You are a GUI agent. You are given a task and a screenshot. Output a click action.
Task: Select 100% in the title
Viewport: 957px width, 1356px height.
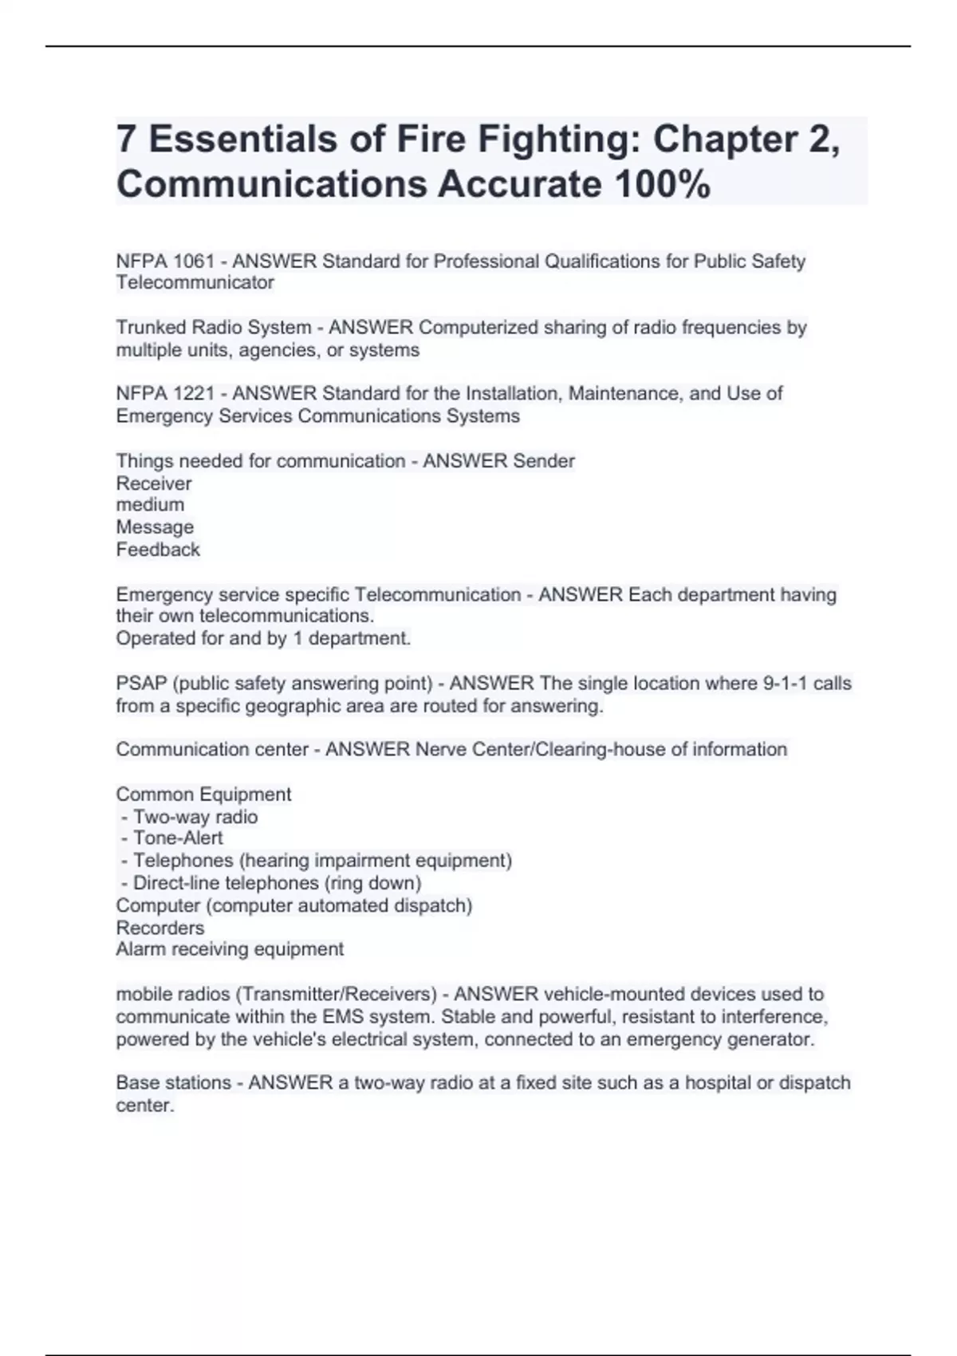(662, 185)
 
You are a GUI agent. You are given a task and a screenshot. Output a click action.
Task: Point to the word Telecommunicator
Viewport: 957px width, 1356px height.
(195, 282)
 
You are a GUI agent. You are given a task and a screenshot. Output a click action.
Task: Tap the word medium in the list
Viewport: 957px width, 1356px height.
(150, 505)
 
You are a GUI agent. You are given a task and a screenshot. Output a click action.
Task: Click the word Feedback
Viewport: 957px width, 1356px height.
(158, 550)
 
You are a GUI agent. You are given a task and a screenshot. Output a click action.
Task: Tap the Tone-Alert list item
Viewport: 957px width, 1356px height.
(177, 838)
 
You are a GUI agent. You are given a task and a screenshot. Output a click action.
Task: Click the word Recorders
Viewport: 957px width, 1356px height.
(159, 928)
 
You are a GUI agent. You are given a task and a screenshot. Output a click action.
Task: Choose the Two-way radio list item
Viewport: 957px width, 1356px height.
(195, 817)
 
